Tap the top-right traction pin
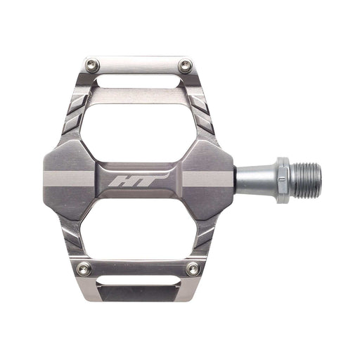[186, 67]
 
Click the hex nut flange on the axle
[282, 180]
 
